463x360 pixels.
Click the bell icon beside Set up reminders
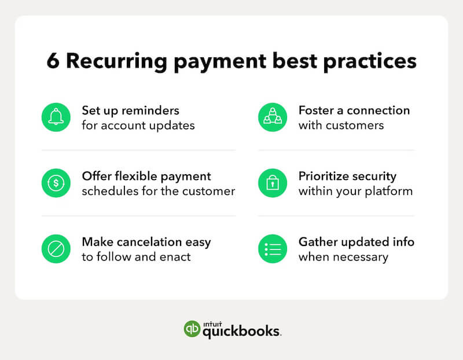tap(56, 117)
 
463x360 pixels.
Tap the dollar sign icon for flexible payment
tap(56, 183)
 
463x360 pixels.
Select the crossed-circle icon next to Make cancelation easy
tap(56, 249)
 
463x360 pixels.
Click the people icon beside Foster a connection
tap(273, 117)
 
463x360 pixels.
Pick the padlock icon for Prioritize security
tap(273, 183)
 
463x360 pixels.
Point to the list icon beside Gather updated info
tap(273, 249)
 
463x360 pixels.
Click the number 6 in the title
tap(53, 61)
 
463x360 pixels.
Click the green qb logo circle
tap(192, 329)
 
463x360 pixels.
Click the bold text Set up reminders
tap(130, 110)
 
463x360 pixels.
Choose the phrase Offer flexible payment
tap(146, 176)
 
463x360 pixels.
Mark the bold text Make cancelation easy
tap(146, 242)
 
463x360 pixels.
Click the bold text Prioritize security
tap(347, 176)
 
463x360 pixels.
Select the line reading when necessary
tap(343, 257)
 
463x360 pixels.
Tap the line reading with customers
tap(341, 125)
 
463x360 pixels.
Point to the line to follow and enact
tap(136, 257)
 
